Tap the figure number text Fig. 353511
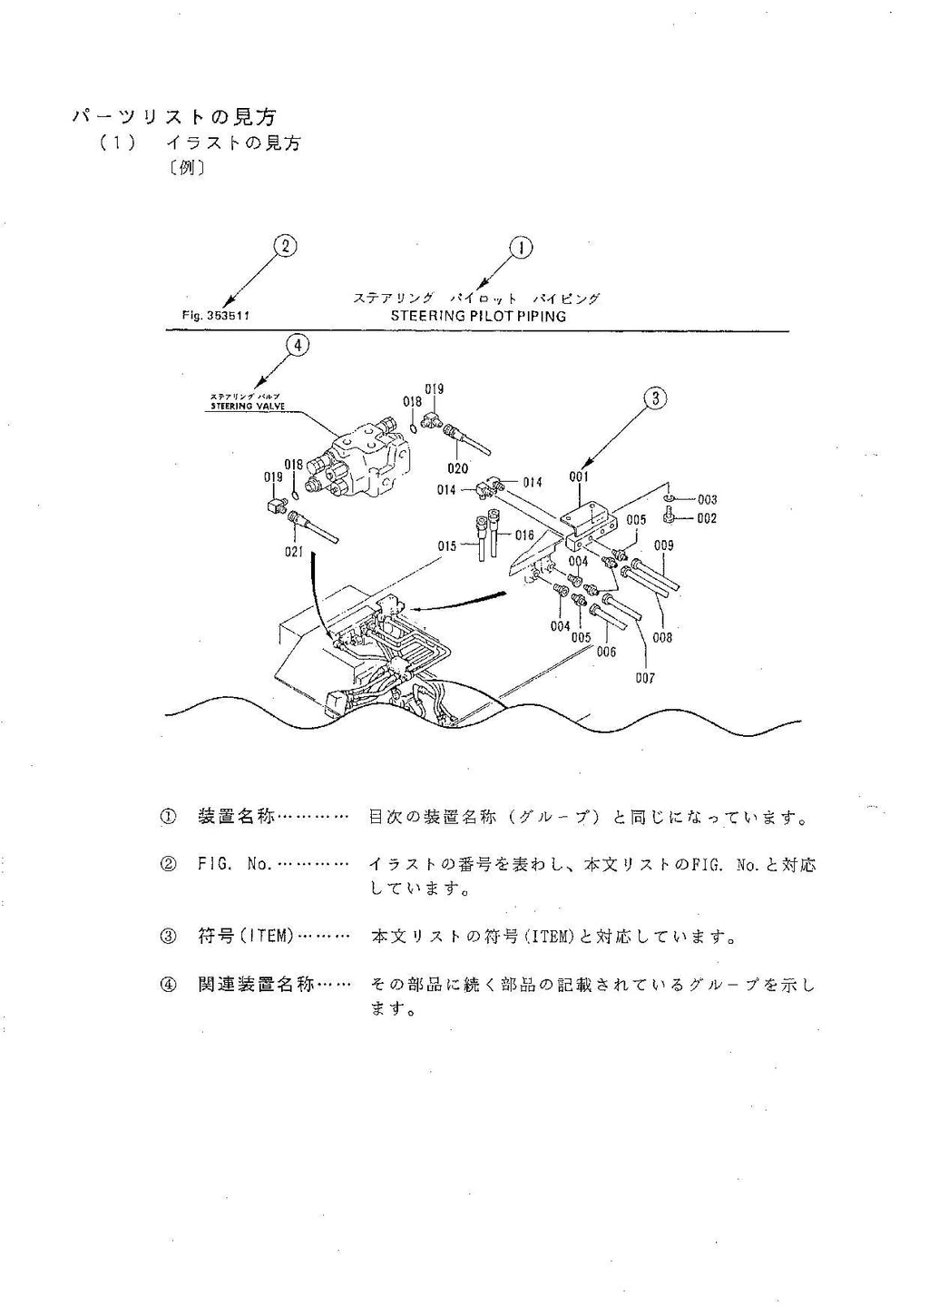tap(216, 316)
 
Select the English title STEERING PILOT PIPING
tap(478, 316)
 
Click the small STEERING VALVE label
tap(247, 407)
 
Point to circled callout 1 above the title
tap(521, 248)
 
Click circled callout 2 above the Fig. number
tap(285, 246)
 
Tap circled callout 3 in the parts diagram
tap(655, 397)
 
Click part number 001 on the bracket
tap(579, 476)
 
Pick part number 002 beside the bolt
tap(707, 518)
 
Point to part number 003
tap(707, 499)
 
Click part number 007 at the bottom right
tap(644, 677)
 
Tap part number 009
tap(663, 545)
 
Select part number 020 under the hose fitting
tap(458, 468)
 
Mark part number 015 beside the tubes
tap(447, 545)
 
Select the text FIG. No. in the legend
tap(234, 865)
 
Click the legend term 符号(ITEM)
tap(245, 936)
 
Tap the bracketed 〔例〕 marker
tap(186, 168)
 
